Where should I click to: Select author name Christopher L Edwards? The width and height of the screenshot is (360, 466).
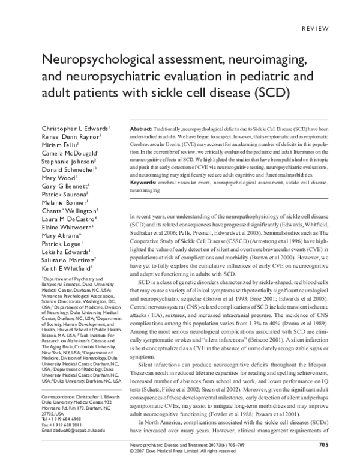(75, 129)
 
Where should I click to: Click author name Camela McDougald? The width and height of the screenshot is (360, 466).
(69, 154)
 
